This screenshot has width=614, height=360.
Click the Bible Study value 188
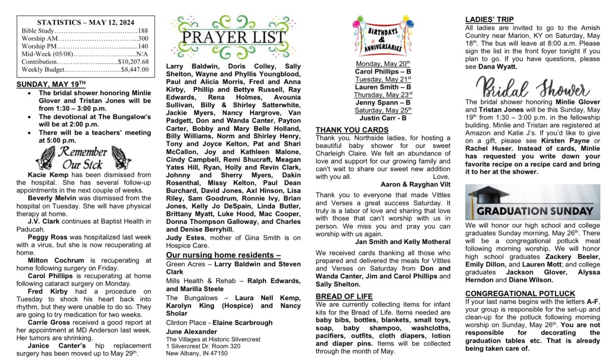point(143,31)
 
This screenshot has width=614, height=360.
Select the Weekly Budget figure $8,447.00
point(135,69)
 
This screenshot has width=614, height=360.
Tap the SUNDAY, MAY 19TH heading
point(51,84)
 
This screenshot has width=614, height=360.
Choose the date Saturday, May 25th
point(383,110)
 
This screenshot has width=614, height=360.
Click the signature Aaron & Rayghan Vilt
point(415,184)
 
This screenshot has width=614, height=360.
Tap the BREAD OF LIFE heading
point(344,296)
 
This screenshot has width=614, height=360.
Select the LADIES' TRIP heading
point(490,19)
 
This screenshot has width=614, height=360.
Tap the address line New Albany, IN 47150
point(197,353)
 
